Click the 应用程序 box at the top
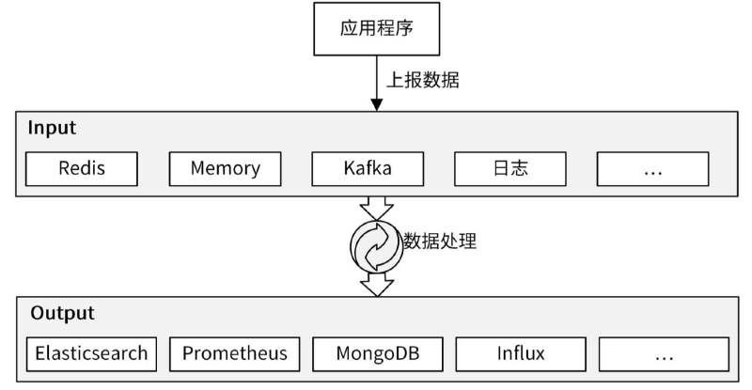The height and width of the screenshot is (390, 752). pos(376,28)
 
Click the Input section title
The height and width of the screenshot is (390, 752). pos(52,128)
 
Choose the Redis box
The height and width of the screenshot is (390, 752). pos(82,168)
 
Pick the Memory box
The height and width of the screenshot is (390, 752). pos(225,168)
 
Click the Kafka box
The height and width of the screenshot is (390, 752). pos(368,168)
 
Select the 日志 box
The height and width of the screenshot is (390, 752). pos(510,168)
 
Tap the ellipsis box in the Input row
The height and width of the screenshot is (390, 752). pos(653,168)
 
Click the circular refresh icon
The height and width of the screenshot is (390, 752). pos(376,245)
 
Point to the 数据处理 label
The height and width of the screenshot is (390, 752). pos(440,241)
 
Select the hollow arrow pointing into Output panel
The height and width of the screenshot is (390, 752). pos(376,283)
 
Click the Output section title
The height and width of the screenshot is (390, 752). pos(62,314)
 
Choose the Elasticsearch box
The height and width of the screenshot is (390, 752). pos(91,354)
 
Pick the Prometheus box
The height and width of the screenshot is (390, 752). pos(234,354)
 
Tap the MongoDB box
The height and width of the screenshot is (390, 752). pos(377,354)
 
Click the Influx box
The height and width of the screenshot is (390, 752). pos(521,354)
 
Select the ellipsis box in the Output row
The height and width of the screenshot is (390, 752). pos(664,354)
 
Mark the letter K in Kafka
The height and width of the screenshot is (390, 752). pos(347,168)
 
